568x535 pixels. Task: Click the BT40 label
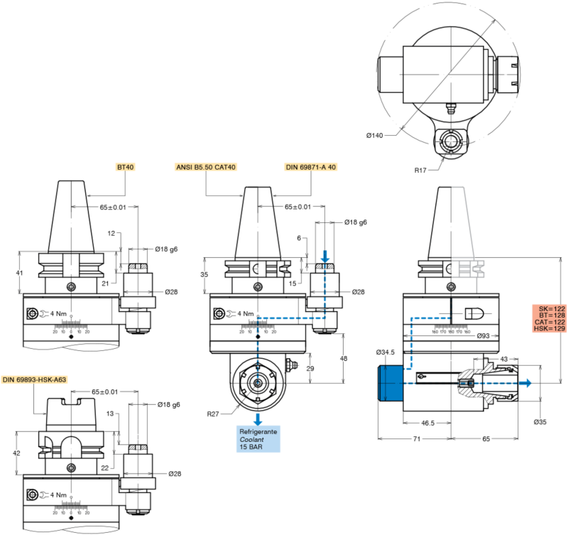tap(126, 167)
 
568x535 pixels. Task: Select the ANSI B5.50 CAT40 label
tap(205, 167)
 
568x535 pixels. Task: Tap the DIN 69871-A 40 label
tap(310, 167)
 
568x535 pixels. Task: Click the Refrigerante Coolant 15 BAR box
tap(258, 439)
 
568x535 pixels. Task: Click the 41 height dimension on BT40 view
tap(19, 273)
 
